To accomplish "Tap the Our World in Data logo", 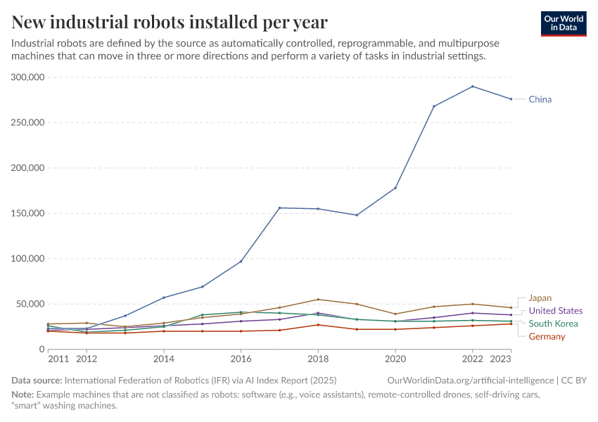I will tap(564, 23).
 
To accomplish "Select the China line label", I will tap(540, 99).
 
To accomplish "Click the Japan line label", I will tap(540, 298).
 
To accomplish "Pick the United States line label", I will tap(555, 311).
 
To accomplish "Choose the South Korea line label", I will tap(553, 324).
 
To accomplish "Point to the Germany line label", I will tap(547, 336).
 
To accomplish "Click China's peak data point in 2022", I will tap(472, 87).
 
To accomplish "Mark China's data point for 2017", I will tap(279, 207).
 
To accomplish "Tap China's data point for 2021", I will tap(434, 106).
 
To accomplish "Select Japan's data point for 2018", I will tap(318, 300).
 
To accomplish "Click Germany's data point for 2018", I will tap(318, 324).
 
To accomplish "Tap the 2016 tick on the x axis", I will tap(241, 358).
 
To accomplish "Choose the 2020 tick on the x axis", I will tap(395, 358).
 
